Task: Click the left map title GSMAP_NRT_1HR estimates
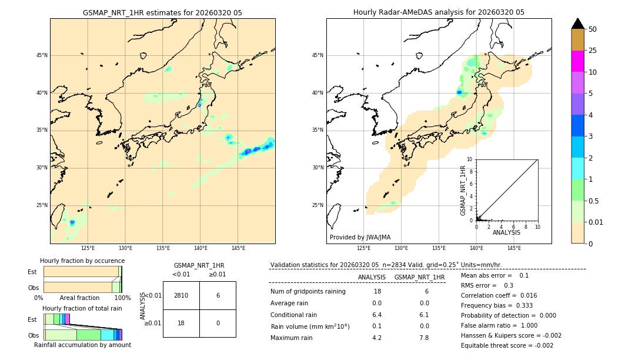coord(162,12)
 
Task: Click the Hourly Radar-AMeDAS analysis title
coord(439,12)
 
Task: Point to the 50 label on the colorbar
coord(593,29)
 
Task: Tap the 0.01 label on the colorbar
coord(596,222)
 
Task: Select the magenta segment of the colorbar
coord(577,61)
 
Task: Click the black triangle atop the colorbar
coord(577,24)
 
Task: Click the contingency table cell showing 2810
coord(181,295)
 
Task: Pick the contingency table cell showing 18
coord(181,323)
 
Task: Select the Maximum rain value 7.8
coord(423,338)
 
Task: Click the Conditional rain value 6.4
coord(377,315)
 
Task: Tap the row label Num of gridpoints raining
coord(308,292)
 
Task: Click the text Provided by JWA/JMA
coord(360,237)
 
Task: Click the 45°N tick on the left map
coord(42,55)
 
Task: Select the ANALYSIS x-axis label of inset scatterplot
coord(506,232)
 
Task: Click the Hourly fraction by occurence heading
coord(82,261)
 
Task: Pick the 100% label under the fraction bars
coord(122,298)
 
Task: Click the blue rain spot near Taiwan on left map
coord(72,222)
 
